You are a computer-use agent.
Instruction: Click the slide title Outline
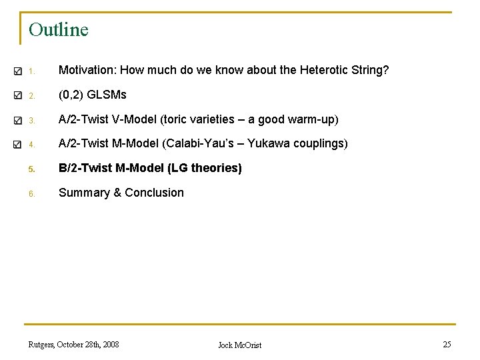coord(59,30)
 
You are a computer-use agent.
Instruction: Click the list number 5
coord(31,169)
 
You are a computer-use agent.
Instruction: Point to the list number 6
coord(31,193)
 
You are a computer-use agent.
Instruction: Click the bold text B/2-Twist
coord(85,168)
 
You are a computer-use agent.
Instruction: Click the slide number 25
coord(447,344)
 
